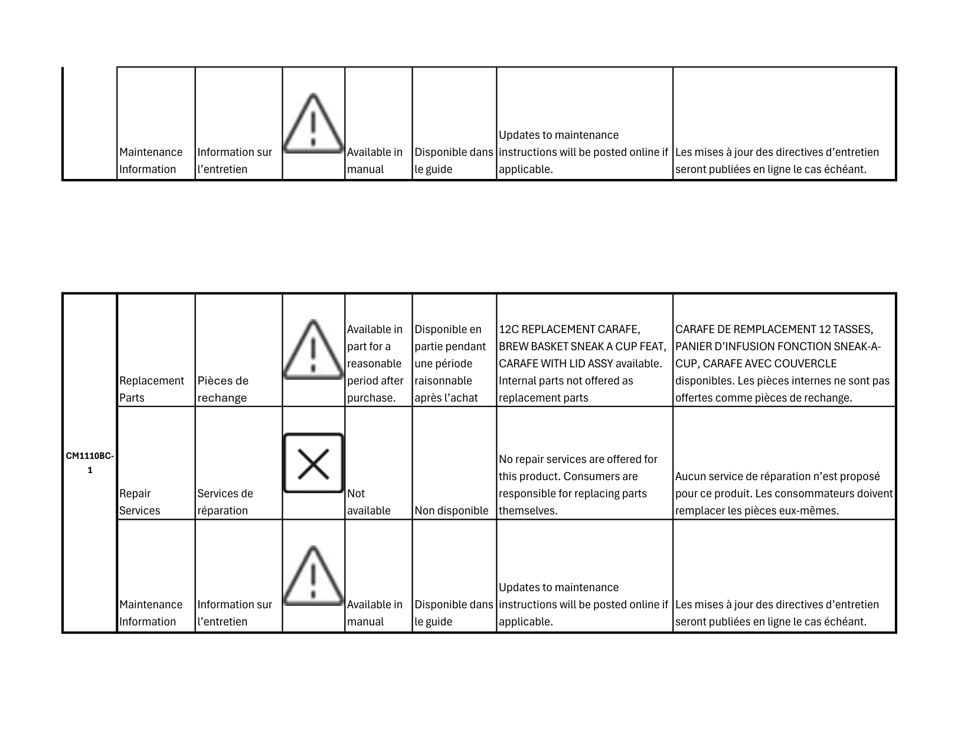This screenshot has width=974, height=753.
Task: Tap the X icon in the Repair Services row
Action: click(x=313, y=463)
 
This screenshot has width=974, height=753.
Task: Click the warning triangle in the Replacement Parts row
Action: click(x=313, y=350)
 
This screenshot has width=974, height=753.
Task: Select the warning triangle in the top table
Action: click(x=313, y=124)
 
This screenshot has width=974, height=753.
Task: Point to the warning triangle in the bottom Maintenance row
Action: click(x=313, y=576)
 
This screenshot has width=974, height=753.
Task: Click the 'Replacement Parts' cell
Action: click(x=151, y=389)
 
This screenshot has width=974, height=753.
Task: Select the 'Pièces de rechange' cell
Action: click(x=223, y=389)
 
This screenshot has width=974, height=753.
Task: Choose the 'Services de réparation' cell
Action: click(x=225, y=501)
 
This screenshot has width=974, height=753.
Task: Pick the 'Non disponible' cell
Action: click(x=452, y=510)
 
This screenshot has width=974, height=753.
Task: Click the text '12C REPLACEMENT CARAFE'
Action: click(x=569, y=329)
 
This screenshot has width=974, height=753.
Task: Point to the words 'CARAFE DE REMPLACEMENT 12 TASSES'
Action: click(x=774, y=329)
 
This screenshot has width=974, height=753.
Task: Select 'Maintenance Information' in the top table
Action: click(x=151, y=161)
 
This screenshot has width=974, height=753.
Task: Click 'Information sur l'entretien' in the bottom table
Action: click(x=234, y=612)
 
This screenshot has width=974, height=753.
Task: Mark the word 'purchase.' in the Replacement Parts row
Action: click(x=371, y=397)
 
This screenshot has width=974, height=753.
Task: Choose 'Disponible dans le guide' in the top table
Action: click(x=453, y=161)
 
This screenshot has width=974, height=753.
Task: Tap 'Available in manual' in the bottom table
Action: click(x=374, y=612)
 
